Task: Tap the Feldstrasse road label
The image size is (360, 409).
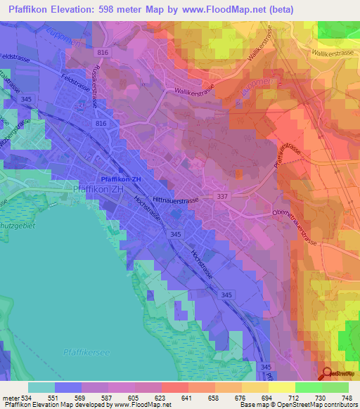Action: click(x=16, y=56)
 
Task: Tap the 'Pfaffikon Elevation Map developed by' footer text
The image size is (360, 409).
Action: click(x=58, y=404)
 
